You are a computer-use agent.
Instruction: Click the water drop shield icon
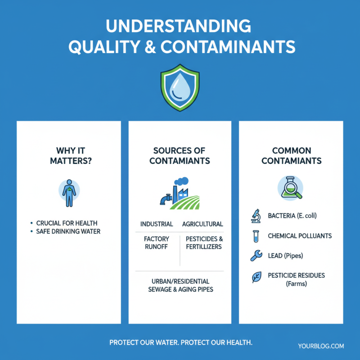pos(180,86)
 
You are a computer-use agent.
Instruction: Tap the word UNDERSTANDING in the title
pos(180,26)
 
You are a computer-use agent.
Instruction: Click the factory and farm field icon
pos(179,193)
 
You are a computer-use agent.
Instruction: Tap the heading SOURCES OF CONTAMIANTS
pos(180,155)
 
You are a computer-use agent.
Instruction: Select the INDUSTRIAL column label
pos(157,224)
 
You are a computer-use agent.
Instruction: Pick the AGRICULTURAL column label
pos(202,224)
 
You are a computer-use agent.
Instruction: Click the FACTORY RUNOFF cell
pos(157,243)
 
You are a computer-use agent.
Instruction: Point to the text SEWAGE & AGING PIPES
pos(180,290)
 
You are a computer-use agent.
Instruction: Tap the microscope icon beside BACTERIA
pos(255,216)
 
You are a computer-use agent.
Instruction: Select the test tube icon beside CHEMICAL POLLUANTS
pos(255,236)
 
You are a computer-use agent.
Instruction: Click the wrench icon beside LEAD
pos(255,256)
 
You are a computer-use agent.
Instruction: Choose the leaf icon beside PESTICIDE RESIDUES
pos(255,278)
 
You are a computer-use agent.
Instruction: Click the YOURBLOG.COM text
pos(321,346)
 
